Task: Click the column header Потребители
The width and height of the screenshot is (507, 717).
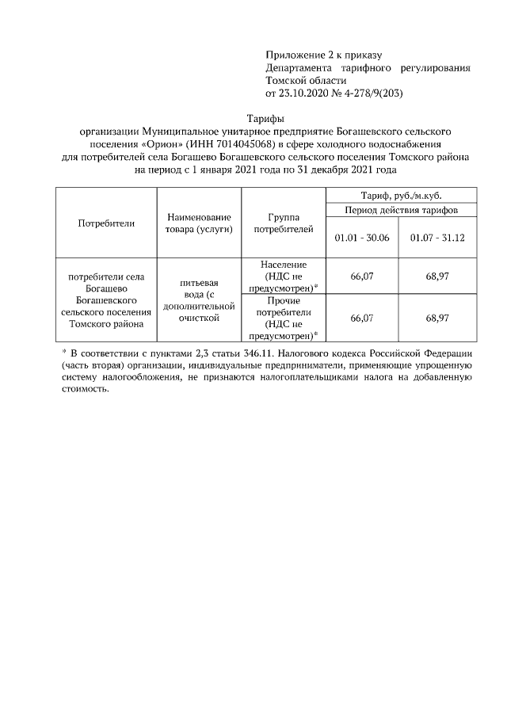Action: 106,223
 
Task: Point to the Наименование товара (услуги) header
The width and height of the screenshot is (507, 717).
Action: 199,223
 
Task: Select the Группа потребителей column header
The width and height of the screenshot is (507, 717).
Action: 283,223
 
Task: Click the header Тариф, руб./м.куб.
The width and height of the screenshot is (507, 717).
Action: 400,194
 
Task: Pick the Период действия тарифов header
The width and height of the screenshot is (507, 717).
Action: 400,209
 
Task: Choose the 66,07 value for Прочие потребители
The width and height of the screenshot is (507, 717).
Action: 361,318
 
